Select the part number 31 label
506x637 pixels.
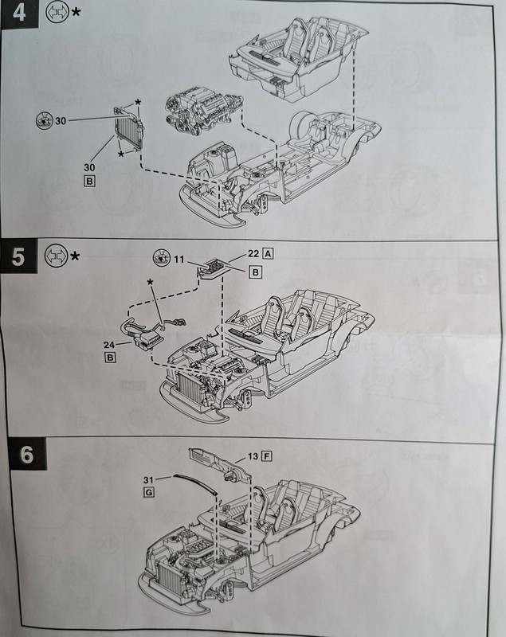(x=149, y=479)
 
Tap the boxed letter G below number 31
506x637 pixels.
(x=148, y=494)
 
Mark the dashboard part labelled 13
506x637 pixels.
(x=217, y=465)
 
